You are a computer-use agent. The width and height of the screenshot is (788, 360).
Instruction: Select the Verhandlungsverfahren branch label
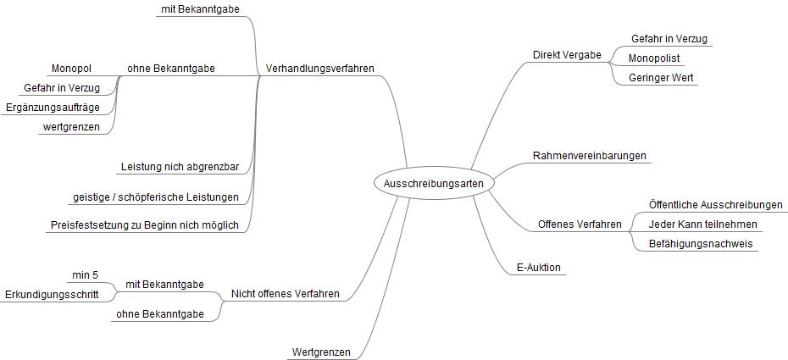319,68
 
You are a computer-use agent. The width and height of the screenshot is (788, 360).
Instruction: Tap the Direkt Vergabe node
566,55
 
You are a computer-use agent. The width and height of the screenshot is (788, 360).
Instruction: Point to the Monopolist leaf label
654,58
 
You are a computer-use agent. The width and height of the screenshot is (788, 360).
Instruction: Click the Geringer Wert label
663,78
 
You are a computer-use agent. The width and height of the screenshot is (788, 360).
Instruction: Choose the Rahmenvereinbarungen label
590,156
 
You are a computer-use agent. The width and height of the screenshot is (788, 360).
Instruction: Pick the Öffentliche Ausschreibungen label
715,205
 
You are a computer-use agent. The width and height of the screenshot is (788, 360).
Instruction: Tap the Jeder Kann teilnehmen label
702,224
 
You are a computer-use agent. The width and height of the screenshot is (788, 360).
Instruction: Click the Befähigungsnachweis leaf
700,244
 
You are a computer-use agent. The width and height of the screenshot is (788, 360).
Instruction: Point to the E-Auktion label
538,268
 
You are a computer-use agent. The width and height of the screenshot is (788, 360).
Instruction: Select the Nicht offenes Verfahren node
286,294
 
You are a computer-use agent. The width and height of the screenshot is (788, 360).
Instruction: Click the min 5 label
86,274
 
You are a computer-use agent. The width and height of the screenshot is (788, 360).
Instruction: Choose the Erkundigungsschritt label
52,294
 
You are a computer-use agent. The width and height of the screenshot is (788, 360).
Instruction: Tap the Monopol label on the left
71,68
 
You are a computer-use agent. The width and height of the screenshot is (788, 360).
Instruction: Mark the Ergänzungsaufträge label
53,108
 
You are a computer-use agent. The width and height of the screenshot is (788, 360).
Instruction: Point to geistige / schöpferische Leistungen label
155,197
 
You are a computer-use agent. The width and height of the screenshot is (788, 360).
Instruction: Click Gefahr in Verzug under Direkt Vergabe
669,39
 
